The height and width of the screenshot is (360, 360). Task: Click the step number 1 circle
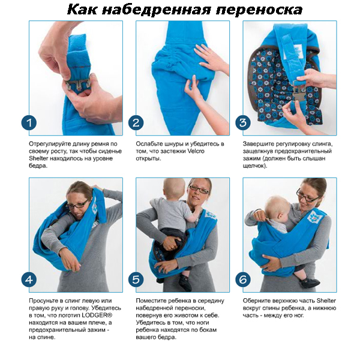[29, 123]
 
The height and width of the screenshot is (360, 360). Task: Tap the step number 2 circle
[136, 123]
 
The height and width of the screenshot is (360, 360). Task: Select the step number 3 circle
[243, 123]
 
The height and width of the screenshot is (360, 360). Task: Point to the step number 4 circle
[29, 280]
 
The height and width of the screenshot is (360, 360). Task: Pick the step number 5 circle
[136, 280]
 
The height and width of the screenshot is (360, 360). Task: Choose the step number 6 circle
[243, 280]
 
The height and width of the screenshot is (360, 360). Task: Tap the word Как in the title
[82, 10]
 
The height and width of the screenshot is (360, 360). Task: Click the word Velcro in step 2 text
[196, 151]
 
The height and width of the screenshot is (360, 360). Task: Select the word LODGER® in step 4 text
[100, 315]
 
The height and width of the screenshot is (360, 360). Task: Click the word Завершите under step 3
[257, 144]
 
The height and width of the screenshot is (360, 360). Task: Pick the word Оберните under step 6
[256, 301]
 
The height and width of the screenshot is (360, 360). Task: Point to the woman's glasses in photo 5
[199, 190]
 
